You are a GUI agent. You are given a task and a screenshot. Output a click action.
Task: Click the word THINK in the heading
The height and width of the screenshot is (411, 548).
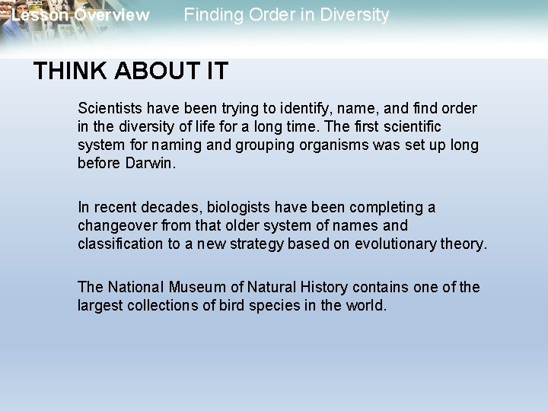[x=65, y=72]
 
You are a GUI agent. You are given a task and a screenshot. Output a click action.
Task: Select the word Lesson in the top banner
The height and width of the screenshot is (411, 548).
[x=36, y=14]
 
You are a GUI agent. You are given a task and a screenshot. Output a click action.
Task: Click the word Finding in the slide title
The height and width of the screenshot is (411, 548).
[x=214, y=14]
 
